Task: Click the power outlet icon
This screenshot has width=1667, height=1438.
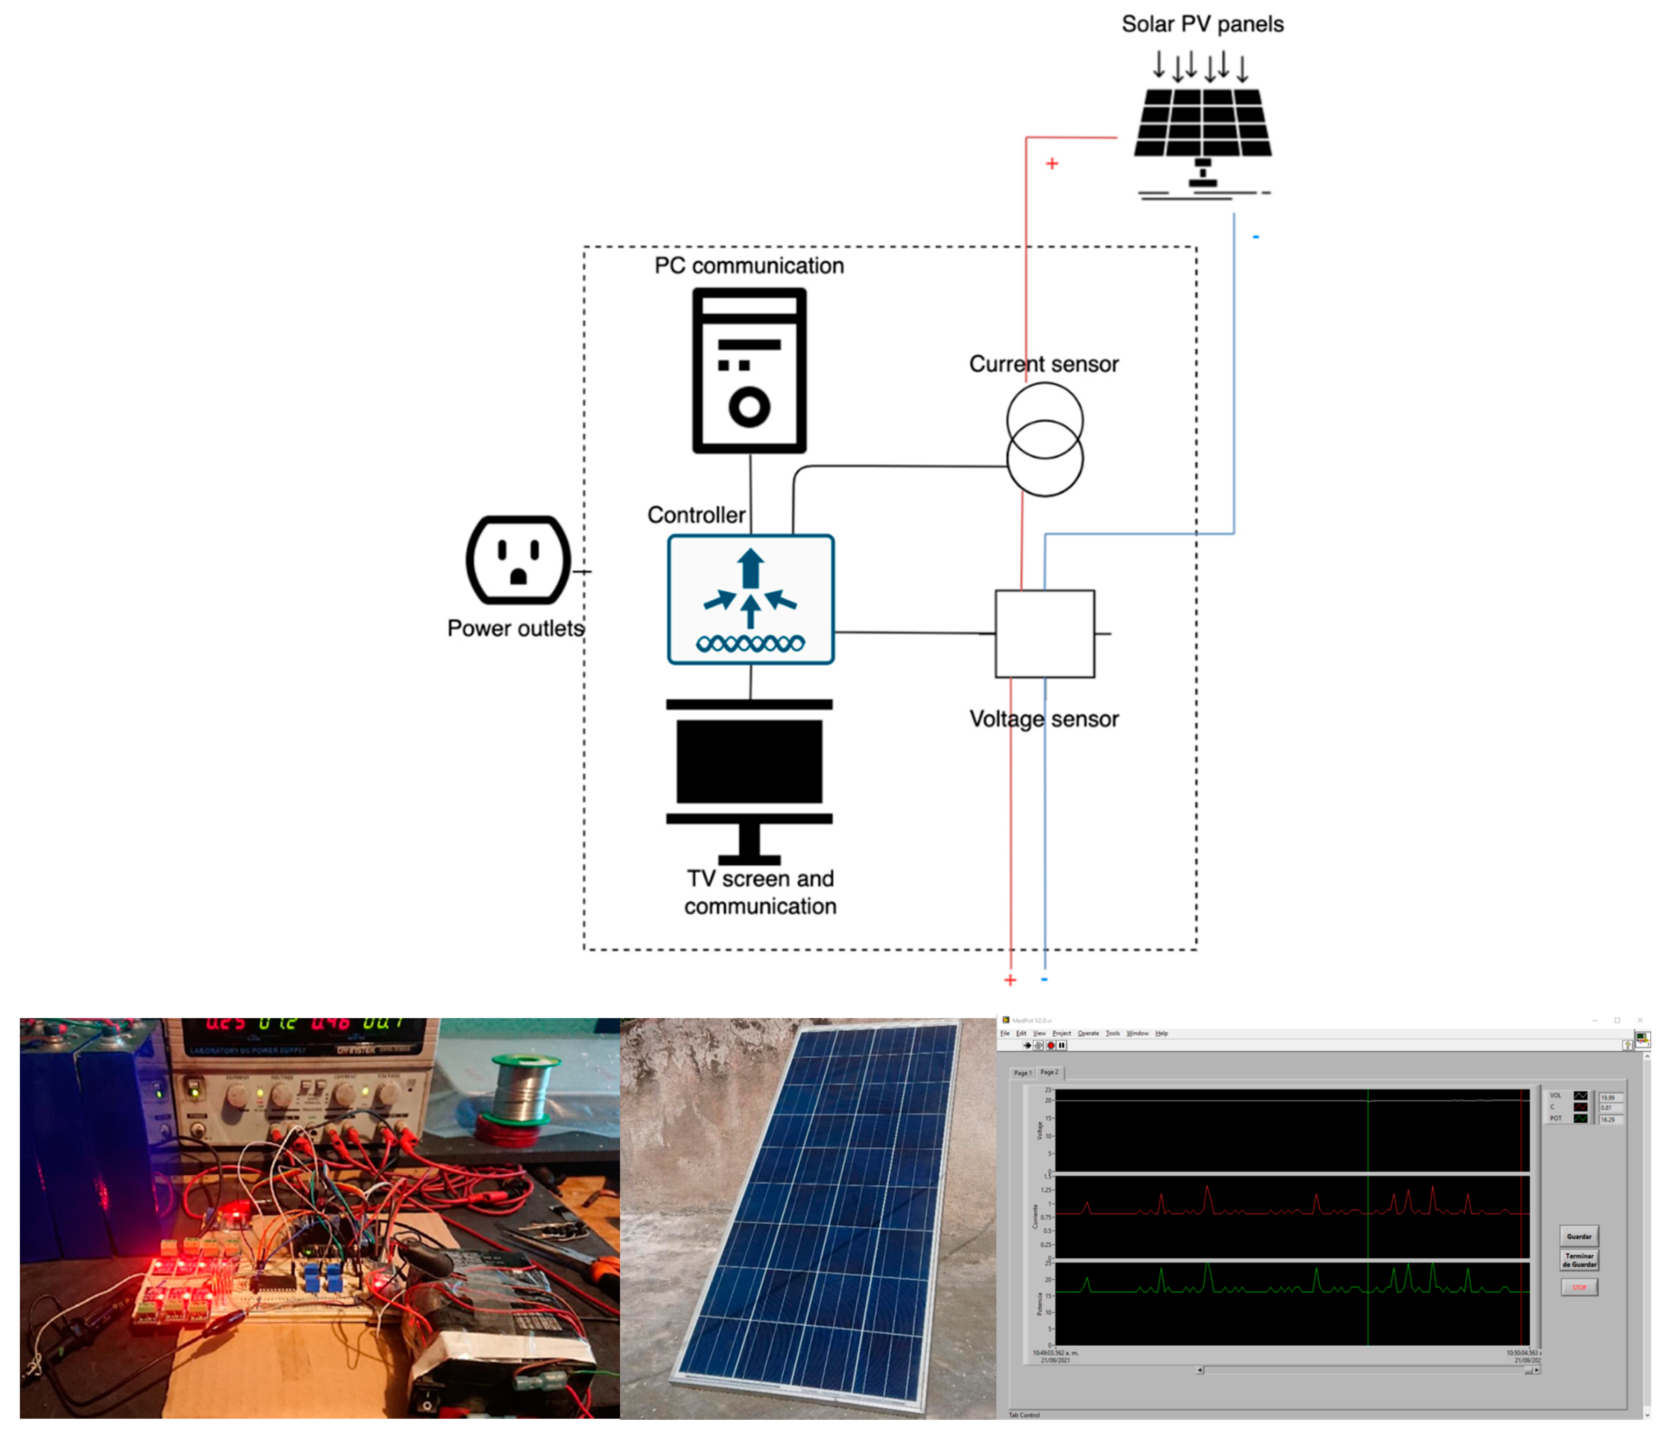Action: click(518, 560)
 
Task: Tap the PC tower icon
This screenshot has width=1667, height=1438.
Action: click(749, 370)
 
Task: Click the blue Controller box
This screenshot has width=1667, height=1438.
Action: click(750, 600)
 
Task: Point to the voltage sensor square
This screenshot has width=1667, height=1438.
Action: click(1044, 634)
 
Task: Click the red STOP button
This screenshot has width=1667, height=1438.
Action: click(1579, 1288)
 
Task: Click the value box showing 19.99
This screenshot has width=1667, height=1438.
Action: click(1609, 1097)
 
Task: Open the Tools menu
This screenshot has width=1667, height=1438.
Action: click(1112, 1033)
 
